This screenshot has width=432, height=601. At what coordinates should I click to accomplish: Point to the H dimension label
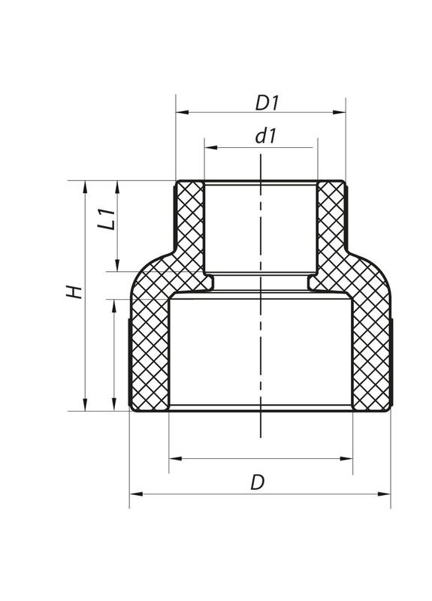[x=73, y=292]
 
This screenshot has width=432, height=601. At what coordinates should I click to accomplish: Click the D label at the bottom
[x=258, y=483]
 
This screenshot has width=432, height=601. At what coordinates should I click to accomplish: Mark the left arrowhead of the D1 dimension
[x=180, y=113]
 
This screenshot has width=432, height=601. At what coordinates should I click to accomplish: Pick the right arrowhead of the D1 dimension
[x=341, y=113]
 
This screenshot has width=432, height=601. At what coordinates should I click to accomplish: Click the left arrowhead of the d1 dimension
[x=209, y=148]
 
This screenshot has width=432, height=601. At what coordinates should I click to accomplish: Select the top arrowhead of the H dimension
[x=84, y=185]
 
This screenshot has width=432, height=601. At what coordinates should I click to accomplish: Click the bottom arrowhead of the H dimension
[x=84, y=406]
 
